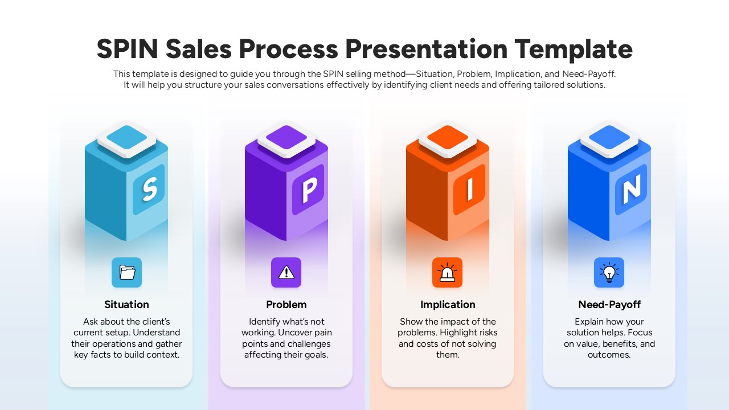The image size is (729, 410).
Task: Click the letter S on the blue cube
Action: [149, 189]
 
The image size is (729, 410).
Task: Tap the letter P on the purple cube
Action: [308, 190]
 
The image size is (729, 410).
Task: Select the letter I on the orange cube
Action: [470, 190]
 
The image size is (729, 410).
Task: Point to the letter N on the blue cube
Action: [631, 189]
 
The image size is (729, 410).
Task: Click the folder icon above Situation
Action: [127, 272]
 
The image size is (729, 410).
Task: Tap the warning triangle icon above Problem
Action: [286, 272]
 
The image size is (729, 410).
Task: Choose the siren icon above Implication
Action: [448, 272]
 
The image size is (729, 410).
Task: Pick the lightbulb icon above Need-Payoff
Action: [609, 272]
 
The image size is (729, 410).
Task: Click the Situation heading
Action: [127, 305]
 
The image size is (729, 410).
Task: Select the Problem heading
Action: [286, 305]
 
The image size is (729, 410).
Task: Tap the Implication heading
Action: [448, 305]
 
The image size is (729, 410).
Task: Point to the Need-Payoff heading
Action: [609, 305]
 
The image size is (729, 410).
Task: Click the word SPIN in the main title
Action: [127, 49]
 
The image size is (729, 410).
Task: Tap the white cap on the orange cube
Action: [448, 138]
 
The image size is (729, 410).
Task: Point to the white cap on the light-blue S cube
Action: [126, 138]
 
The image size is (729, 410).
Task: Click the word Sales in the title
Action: [199, 49]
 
